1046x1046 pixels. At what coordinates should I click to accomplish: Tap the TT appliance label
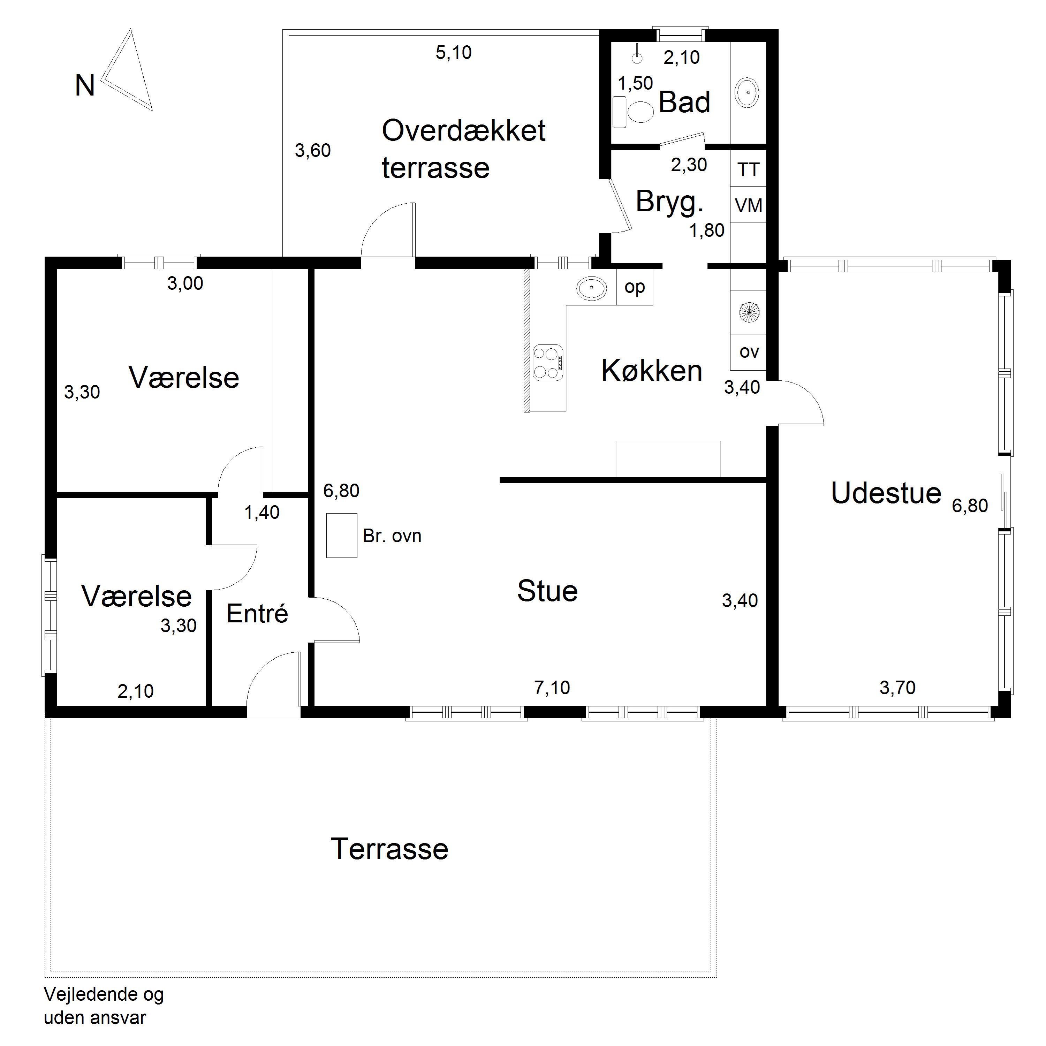749,170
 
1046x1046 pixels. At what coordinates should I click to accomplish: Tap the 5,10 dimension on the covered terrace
454,53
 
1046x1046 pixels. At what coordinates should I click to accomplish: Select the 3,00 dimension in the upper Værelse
185,283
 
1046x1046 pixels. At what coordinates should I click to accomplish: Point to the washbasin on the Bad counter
748,93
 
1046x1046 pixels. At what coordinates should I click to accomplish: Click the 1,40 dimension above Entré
262,512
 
